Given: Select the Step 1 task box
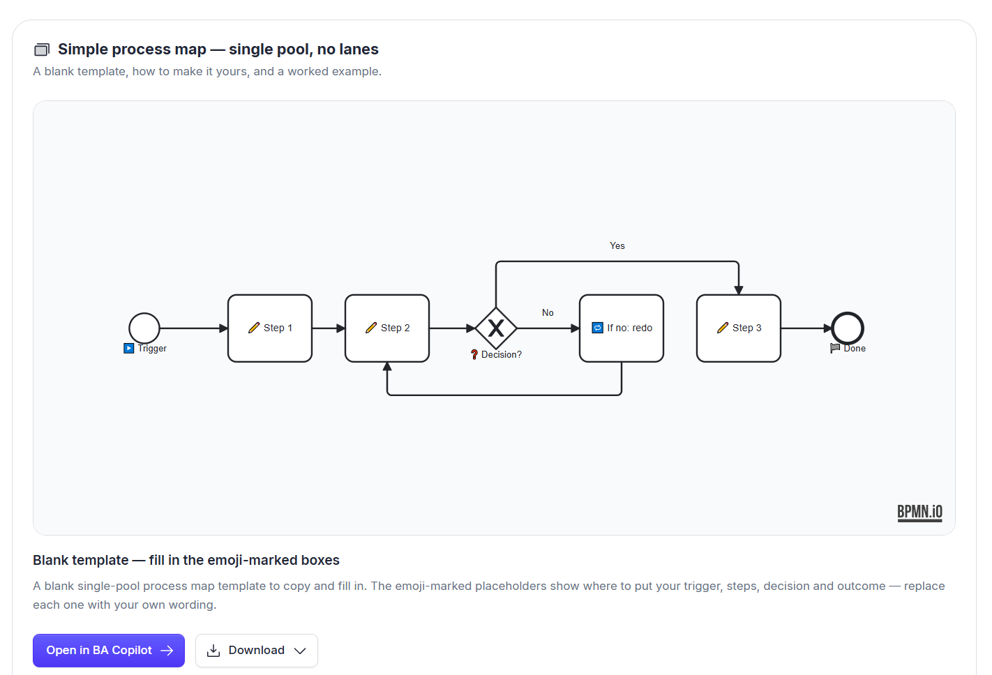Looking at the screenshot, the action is (x=270, y=328).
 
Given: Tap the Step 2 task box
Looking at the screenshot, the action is (x=387, y=328).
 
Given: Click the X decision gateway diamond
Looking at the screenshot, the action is (x=495, y=328).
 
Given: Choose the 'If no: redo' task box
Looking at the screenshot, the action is (x=622, y=328).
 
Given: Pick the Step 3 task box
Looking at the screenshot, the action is (x=739, y=328).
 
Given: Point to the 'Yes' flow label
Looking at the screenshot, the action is (x=617, y=245).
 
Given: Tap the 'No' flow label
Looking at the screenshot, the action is (x=548, y=312).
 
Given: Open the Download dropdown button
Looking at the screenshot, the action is (x=257, y=650).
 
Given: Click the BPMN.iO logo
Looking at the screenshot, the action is (x=919, y=513).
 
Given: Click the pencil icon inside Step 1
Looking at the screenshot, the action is (x=254, y=328).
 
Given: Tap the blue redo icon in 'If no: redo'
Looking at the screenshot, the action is (x=597, y=328).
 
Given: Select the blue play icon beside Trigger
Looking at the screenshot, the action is (x=128, y=349).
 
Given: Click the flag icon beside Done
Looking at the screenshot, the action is (x=835, y=349).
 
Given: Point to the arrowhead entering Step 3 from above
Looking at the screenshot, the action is (x=739, y=290).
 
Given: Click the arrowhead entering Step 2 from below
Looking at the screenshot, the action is (x=387, y=367).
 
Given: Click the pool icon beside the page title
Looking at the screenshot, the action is (x=42, y=50).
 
